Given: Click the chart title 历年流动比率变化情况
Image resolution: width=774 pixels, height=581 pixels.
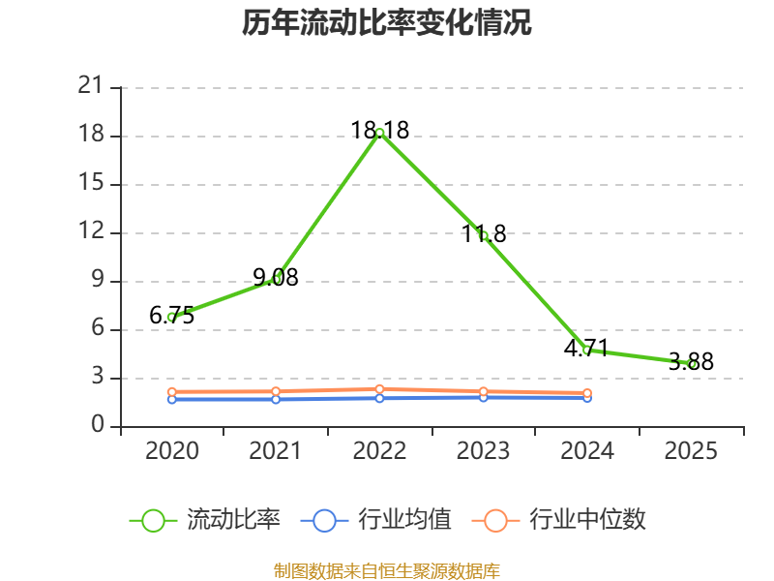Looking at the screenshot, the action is click(386, 22).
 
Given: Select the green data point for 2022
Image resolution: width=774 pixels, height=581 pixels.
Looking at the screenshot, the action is click(379, 133).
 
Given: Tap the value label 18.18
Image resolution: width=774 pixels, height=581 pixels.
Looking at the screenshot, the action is click(379, 130).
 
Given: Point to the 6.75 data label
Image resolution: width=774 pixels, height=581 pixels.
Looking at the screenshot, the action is click(172, 316).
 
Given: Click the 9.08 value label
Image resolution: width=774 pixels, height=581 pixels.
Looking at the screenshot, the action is click(276, 277).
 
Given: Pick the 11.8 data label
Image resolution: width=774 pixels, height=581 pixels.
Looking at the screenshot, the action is click(484, 233).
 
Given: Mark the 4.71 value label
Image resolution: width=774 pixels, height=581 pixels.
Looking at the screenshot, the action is click(586, 348).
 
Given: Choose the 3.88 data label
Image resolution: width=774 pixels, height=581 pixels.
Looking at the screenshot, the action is click(691, 361).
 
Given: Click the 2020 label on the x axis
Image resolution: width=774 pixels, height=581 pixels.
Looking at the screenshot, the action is click(172, 450).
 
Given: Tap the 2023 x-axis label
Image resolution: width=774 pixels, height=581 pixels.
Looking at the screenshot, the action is click(483, 450).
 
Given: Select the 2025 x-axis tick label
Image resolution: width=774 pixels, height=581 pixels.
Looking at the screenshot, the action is click(691, 450).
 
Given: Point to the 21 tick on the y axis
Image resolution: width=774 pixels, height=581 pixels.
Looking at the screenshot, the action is click(90, 86).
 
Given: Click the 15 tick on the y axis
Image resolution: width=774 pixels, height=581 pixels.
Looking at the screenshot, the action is click(91, 183).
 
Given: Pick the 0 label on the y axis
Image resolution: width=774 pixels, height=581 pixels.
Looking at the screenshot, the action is click(98, 425).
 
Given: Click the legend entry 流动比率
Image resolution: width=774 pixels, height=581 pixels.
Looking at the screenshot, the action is click(205, 520).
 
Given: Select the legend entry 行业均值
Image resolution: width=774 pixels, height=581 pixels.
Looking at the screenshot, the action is click(375, 520).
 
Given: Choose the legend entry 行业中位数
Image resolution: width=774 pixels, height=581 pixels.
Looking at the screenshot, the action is click(559, 520).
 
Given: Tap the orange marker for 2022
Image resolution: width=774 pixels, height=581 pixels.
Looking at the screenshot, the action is click(379, 389).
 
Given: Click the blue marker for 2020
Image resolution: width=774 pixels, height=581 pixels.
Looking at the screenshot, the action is click(172, 399).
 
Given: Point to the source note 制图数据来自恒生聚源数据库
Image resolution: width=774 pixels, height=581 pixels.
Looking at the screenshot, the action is click(386, 571).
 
